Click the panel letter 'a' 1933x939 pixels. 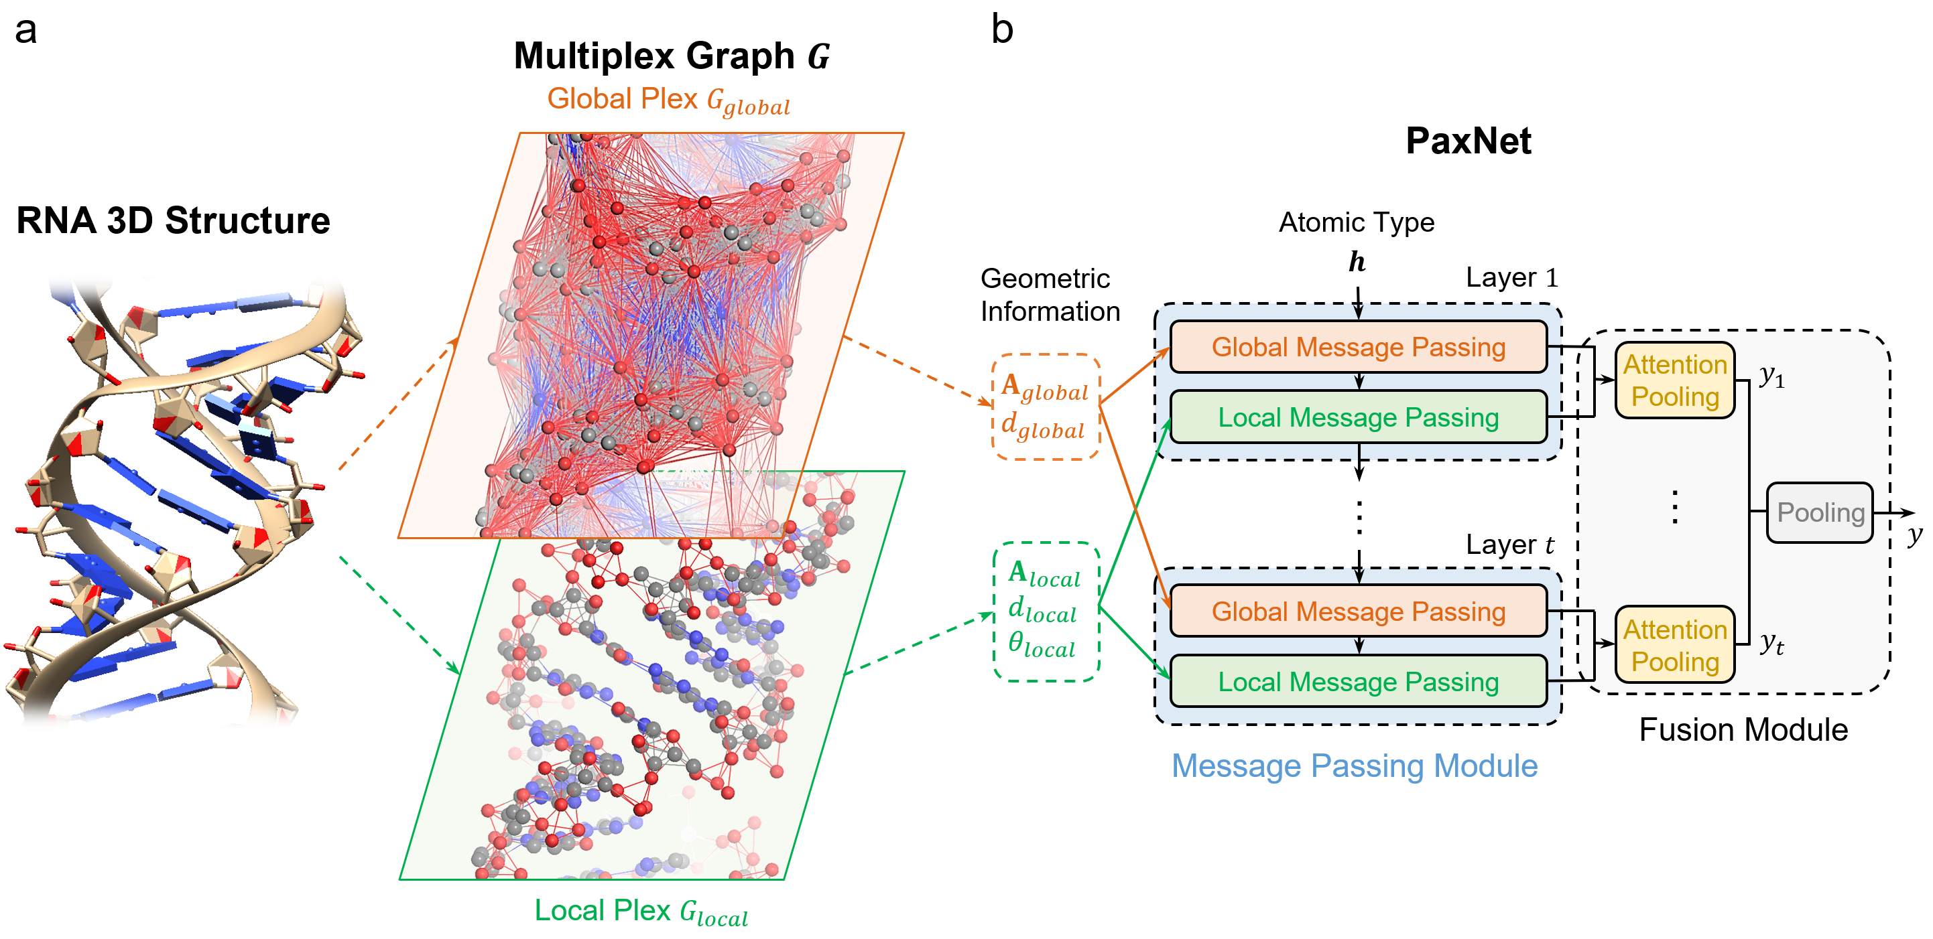point(25,31)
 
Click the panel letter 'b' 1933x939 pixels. point(1002,30)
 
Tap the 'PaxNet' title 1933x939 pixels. point(1468,141)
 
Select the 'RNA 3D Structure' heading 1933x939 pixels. point(174,220)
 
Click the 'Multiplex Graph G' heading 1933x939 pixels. point(672,56)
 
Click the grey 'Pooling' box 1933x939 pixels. point(1820,513)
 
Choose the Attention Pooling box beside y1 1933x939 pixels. point(1675,380)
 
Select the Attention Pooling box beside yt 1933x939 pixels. point(1675,645)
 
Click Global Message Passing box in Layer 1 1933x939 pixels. point(1358,347)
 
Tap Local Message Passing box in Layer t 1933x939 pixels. point(1358,682)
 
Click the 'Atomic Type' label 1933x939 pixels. point(1356,223)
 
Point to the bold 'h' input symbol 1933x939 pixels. point(1357,262)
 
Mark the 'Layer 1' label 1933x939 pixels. point(1511,278)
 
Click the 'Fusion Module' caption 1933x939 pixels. point(1743,730)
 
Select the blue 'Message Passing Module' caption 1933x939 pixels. point(1355,766)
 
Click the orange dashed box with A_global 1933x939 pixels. point(1046,407)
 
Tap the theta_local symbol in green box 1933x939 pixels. point(1042,645)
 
